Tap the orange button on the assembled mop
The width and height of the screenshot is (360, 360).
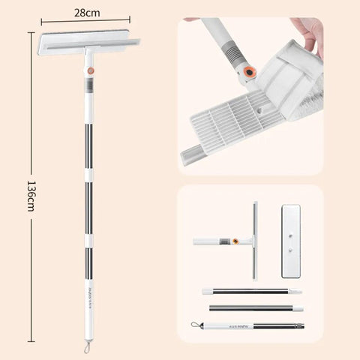click(x=91, y=70)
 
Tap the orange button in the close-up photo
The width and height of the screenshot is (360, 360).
click(x=247, y=72)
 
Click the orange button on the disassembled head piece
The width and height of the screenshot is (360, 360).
click(x=237, y=241)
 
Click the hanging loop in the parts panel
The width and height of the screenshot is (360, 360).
click(x=196, y=325)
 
